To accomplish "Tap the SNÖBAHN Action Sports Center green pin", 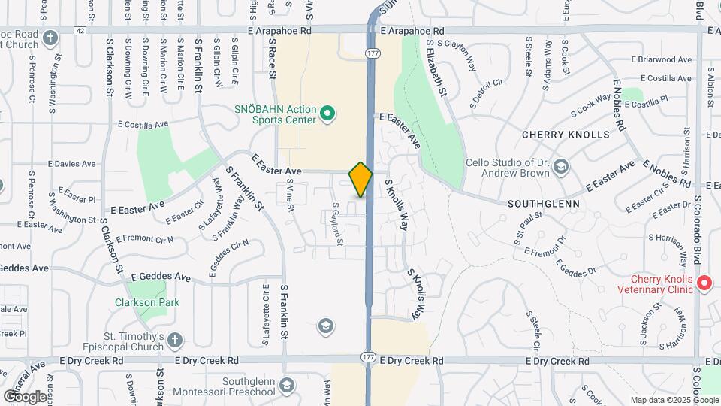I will click(327, 114).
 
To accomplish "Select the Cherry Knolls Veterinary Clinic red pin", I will click(704, 283).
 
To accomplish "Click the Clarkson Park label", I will click(147, 303).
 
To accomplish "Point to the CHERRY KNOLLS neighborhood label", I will click(566, 135).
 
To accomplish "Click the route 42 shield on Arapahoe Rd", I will click(80, 31).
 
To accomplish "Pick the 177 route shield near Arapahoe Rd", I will click(372, 53).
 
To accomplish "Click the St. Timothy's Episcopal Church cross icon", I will click(174, 340).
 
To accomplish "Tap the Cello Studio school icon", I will click(562, 165).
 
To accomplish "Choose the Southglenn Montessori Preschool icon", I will click(285, 386).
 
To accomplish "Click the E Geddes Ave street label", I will click(161, 277).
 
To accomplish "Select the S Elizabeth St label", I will click(436, 71).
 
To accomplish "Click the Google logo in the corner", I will click(25, 396).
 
